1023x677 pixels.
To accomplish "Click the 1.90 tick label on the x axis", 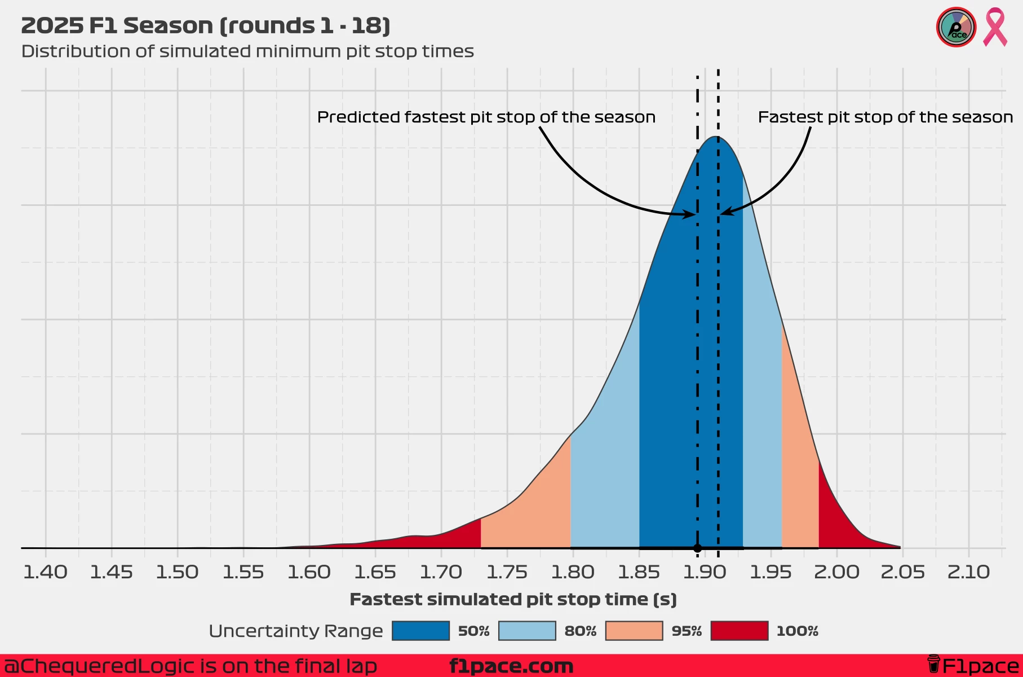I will click(704, 572).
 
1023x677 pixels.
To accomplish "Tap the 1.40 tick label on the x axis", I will click(45, 572).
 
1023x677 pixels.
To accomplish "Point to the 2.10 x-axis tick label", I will click(968, 572).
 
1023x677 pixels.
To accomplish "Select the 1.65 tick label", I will click(375, 572).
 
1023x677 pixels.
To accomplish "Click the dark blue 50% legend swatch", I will click(420, 631).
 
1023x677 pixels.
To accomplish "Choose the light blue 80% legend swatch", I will click(527, 631).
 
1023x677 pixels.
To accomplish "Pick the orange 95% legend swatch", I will click(634, 631).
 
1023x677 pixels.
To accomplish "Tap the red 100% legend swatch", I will click(739, 631).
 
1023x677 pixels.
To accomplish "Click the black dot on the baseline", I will click(698, 548).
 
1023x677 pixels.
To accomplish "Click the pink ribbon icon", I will click(995, 27).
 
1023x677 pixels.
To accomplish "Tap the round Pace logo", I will click(956, 27).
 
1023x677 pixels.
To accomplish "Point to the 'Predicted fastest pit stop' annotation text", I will click(486, 117).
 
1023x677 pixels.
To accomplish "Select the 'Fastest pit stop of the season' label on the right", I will click(885, 117).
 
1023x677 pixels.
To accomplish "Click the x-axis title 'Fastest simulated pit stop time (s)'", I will click(513, 599).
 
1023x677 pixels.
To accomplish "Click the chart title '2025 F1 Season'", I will click(206, 26).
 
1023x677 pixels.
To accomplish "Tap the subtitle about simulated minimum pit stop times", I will click(247, 51).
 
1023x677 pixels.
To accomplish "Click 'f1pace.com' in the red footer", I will click(511, 666).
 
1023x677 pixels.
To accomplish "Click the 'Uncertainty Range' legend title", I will click(295, 631).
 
